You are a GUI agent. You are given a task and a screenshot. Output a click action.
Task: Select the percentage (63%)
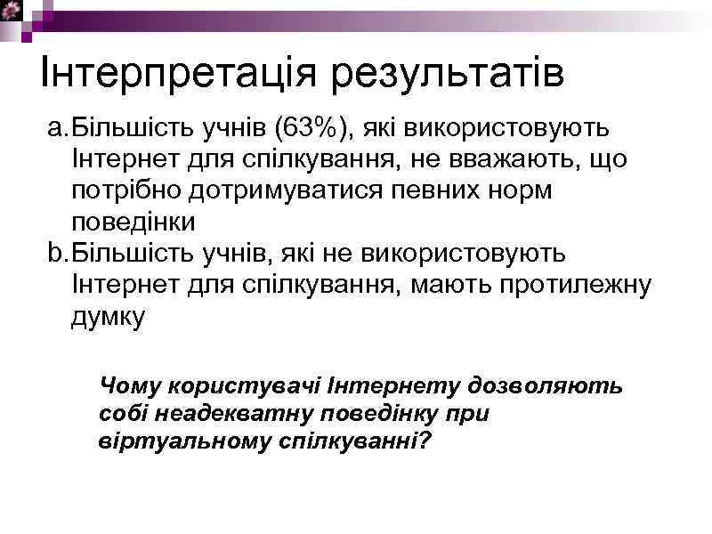(x=315, y=129)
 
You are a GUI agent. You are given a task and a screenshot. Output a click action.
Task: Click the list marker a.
(x=57, y=129)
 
